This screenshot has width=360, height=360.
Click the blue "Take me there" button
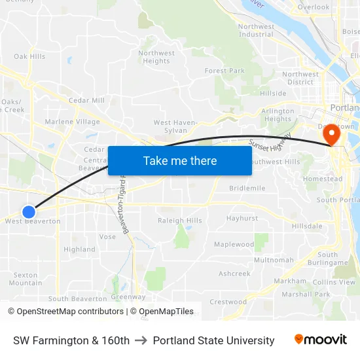[180, 160]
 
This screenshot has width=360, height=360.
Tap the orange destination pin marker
[332, 134]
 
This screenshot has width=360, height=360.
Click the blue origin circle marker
[29, 211]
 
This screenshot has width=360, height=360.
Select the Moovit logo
[321, 340]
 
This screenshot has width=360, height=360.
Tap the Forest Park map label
[225, 71]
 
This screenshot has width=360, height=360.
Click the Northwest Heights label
[156, 58]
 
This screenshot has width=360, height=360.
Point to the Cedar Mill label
[86, 100]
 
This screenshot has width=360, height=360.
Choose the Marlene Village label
[72, 122]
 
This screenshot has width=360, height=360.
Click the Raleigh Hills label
[180, 221]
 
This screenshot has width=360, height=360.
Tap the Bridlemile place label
[247, 188]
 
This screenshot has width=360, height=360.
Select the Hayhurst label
[242, 218]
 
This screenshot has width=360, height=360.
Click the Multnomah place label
[274, 260]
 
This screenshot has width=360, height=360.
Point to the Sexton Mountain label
[26, 279]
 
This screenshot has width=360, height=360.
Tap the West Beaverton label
[33, 221]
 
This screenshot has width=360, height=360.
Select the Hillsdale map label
[307, 226]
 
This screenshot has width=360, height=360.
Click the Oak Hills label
[29, 56]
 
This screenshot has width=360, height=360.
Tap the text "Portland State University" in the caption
[213, 340]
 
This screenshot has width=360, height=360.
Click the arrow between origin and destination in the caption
[141, 340]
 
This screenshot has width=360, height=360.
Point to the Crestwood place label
[228, 302]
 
